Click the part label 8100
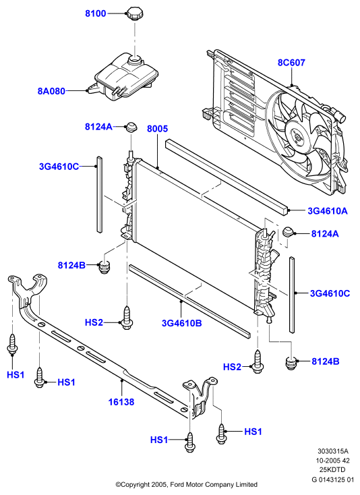click(x=96, y=13)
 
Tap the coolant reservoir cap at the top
click(x=136, y=13)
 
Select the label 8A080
click(x=51, y=91)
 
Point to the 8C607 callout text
click(x=291, y=63)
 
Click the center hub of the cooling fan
click(x=297, y=137)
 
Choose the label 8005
click(x=158, y=129)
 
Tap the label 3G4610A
click(x=328, y=210)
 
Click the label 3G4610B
click(x=182, y=323)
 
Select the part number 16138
click(x=121, y=402)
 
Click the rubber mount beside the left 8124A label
click(x=131, y=127)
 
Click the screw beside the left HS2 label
click(x=127, y=317)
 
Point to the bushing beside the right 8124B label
click(x=291, y=363)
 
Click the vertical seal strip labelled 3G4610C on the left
click(x=99, y=194)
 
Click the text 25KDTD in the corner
click(x=331, y=469)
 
